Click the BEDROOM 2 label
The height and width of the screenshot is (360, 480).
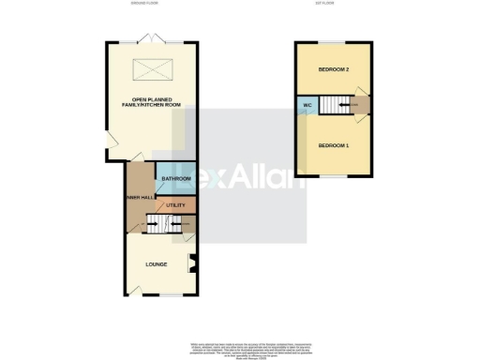click(333, 70)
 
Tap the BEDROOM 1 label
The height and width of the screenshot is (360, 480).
click(333, 145)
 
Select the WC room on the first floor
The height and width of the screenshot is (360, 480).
click(306, 105)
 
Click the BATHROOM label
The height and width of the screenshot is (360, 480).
click(176, 178)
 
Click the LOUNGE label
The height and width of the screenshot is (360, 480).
click(156, 263)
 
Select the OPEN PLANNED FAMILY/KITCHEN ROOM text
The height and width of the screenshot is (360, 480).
click(149, 103)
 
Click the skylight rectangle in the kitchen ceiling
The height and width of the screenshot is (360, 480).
click(149, 68)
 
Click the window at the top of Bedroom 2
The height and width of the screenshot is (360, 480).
click(333, 41)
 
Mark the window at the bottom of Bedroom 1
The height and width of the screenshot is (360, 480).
click(333, 175)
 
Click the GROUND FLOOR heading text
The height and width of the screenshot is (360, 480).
click(148, 4)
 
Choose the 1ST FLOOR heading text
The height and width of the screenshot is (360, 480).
click(333, 4)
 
